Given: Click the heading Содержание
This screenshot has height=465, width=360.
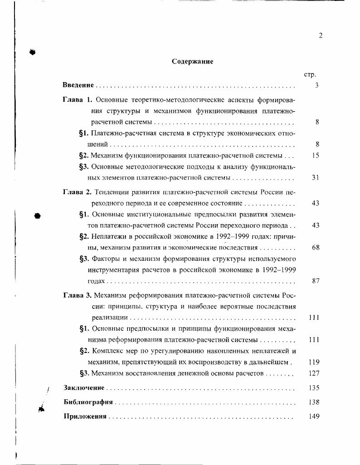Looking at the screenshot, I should (x=193, y=62).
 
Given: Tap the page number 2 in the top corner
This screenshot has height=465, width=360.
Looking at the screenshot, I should (x=320, y=36).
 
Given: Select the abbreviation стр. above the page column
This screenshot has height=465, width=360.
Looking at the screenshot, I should (x=310, y=74).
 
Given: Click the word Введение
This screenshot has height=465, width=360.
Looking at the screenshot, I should (x=78, y=85).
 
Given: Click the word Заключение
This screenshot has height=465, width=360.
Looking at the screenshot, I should (x=84, y=388).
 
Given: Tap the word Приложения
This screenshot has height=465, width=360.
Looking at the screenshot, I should (x=85, y=416).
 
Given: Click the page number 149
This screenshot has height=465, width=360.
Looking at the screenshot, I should (x=314, y=416).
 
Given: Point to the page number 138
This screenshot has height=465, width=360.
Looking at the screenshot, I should (x=314, y=402).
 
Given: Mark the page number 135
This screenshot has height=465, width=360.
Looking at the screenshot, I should (x=314, y=388).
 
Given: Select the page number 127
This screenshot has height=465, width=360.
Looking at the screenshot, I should (x=314, y=373).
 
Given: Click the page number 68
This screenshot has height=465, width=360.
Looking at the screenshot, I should (x=316, y=248).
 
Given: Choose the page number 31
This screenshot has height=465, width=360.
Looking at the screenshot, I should (x=316, y=177).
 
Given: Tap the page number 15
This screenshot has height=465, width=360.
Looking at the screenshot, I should (x=316, y=155).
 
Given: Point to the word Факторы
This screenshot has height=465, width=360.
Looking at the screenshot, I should (x=105, y=259).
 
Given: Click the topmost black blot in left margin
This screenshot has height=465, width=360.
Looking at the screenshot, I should (x=32, y=52).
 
